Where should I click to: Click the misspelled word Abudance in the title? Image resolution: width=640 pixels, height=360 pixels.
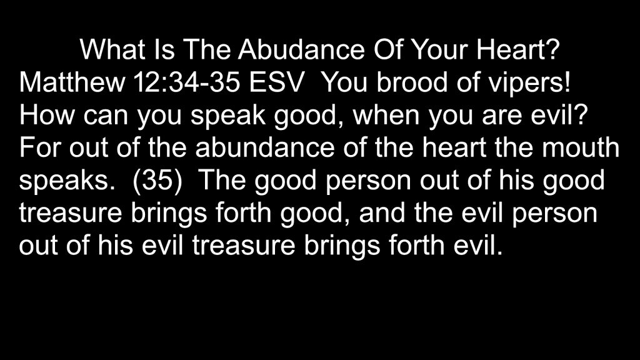click(x=301, y=49)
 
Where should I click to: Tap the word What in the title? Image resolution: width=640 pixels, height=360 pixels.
click(x=112, y=49)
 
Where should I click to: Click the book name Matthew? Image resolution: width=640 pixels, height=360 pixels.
click(x=72, y=82)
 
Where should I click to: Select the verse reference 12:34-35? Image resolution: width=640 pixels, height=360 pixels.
click(x=186, y=82)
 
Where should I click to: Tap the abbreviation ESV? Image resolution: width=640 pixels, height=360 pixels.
click(x=276, y=82)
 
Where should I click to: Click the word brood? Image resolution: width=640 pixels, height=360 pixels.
click(x=412, y=82)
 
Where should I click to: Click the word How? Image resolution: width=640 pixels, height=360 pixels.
click(x=46, y=115)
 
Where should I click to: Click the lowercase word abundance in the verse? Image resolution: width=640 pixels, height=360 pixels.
click(x=264, y=147)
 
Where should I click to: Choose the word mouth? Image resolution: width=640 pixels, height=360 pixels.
click(x=581, y=147)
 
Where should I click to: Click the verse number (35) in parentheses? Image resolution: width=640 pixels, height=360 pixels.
click(x=157, y=181)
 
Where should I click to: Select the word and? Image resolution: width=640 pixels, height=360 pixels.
click(x=382, y=212)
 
